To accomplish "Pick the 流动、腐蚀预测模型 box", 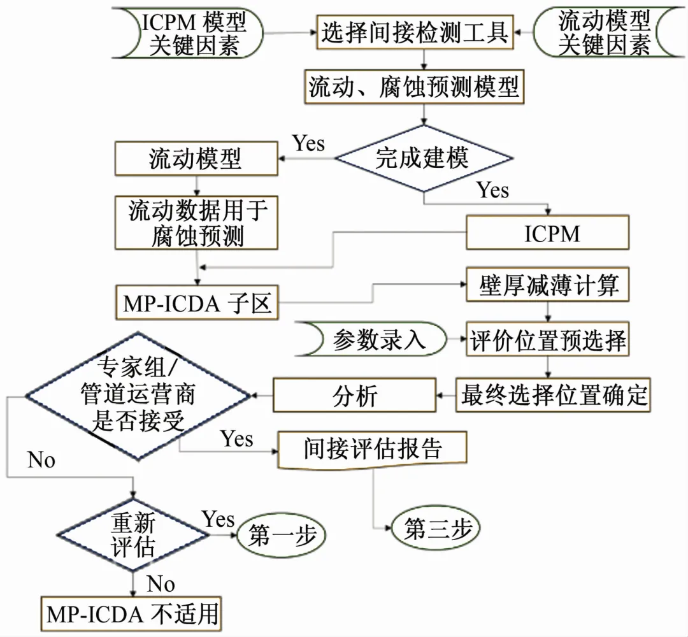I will coord(414,87).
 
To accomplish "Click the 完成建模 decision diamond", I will coord(423,158).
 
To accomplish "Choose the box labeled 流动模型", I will coord(196,159).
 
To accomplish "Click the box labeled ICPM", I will coord(548,233).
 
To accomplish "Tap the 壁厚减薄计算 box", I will coord(548,286).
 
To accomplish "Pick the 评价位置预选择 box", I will coord(548,340).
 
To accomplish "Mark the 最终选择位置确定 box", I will coord(553,395).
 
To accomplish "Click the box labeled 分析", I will coord(355,395).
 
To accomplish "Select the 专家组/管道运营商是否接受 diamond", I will coord(138,395).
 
